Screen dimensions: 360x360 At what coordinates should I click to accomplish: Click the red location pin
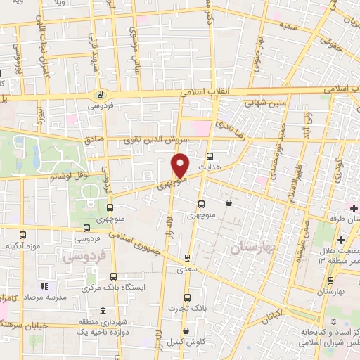(x=181, y=165)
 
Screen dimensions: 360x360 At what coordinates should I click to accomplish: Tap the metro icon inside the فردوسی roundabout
(x=100, y=93)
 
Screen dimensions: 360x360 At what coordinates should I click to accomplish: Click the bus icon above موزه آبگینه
(x=22, y=236)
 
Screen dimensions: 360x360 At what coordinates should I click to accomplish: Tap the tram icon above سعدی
(x=186, y=257)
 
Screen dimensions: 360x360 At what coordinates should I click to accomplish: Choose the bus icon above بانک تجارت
(x=186, y=297)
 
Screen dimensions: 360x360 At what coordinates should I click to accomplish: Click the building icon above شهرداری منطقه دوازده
(x=103, y=311)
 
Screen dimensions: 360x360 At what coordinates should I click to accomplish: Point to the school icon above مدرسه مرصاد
(x=44, y=287)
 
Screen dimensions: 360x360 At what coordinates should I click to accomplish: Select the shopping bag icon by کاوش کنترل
(x=186, y=331)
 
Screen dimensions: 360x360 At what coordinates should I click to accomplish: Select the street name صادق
(x=93, y=141)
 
